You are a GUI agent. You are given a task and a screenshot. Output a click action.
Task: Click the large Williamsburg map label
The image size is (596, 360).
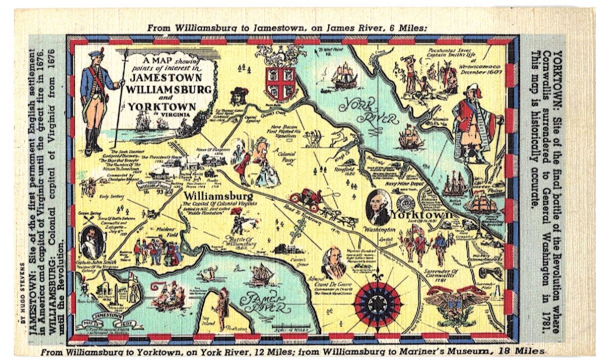click(x=219, y=195)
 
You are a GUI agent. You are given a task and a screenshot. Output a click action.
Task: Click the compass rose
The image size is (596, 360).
click(x=377, y=304)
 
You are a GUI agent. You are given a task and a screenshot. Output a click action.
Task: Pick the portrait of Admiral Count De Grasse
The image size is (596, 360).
click(x=334, y=263)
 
